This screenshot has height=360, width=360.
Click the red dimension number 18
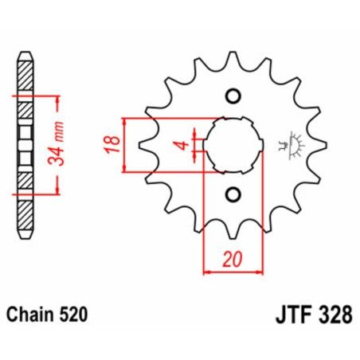pos(114,145)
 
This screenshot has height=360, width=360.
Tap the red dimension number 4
pos(182,145)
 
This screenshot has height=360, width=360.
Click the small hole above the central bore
pos(233,97)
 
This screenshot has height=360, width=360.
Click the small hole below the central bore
pos(233,194)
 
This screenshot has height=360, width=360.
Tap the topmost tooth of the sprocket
pos(232,57)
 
